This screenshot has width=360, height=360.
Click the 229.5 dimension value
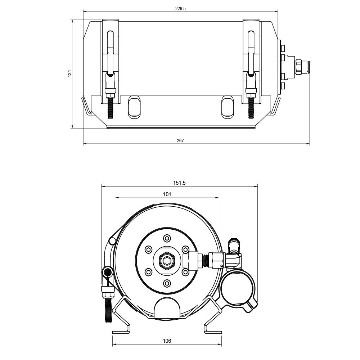click(180, 9)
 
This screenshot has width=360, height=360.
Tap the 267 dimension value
click(180, 140)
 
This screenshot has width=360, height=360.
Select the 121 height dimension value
click(70, 73)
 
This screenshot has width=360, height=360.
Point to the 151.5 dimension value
click(179, 183)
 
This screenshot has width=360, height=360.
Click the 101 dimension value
click(167, 194)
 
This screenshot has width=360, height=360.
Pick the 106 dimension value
click(167, 341)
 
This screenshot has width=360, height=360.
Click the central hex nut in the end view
click(167, 260)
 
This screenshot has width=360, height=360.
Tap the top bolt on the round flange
click(167, 238)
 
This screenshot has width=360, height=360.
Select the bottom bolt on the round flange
click(167, 283)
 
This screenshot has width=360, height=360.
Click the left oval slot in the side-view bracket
click(134, 107)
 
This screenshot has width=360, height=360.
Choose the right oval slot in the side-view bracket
click(228, 107)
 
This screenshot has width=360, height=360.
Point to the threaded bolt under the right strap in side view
click(251, 108)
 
